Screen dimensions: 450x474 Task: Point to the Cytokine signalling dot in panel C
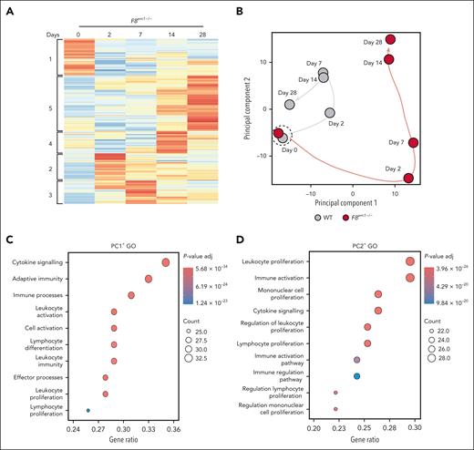[x=166, y=262]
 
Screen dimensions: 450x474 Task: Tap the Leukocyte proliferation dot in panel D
[x=410, y=262]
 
